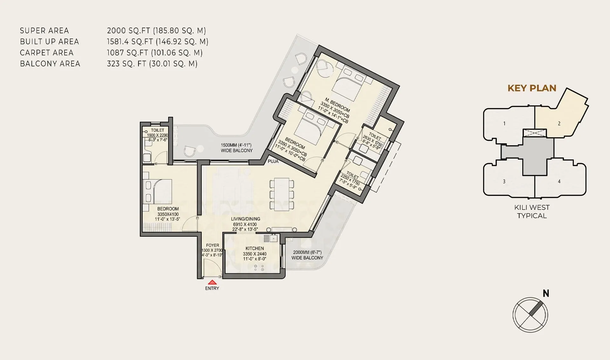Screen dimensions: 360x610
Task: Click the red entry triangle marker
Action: click(x=213, y=282)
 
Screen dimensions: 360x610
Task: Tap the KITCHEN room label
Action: click(x=254, y=248)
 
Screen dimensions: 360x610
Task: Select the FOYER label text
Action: click(x=213, y=245)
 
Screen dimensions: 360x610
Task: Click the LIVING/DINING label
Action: click(x=245, y=219)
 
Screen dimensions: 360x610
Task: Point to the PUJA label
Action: click(x=273, y=161)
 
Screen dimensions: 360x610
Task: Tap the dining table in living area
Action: click(x=281, y=194)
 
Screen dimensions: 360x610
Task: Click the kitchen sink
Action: click(x=273, y=238)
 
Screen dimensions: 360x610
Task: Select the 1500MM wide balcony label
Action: click(x=236, y=148)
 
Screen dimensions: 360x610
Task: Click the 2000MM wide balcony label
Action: click(x=307, y=255)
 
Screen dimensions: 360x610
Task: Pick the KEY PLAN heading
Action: click(x=532, y=88)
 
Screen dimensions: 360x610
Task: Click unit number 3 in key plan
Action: click(x=504, y=182)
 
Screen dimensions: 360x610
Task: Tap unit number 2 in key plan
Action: click(x=559, y=123)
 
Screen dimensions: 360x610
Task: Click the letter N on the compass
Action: click(x=546, y=293)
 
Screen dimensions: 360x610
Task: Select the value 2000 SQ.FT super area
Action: click(x=156, y=30)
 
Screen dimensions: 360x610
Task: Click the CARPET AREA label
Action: click(x=47, y=53)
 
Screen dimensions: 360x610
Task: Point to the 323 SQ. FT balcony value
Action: click(x=152, y=63)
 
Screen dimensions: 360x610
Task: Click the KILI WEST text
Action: click(x=532, y=207)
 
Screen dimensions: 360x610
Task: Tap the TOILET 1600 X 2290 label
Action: click(x=157, y=132)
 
